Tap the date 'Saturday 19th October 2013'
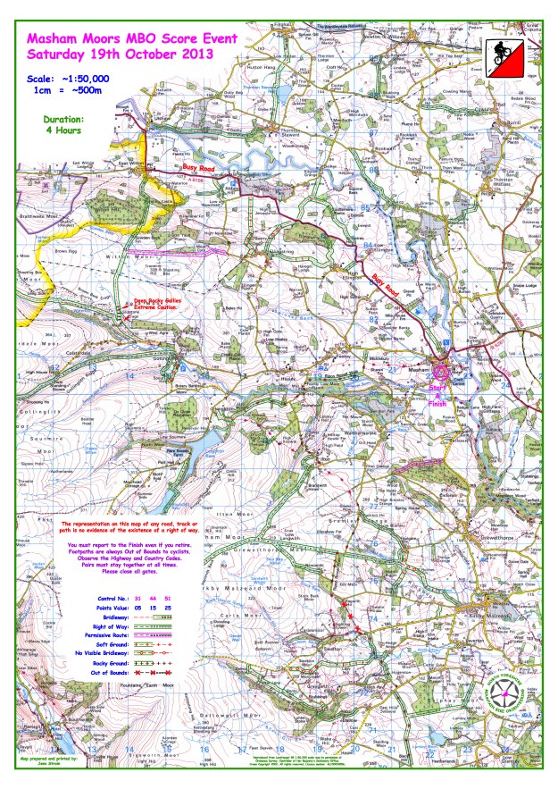(x=120, y=54)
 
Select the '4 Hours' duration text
(x=62, y=130)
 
